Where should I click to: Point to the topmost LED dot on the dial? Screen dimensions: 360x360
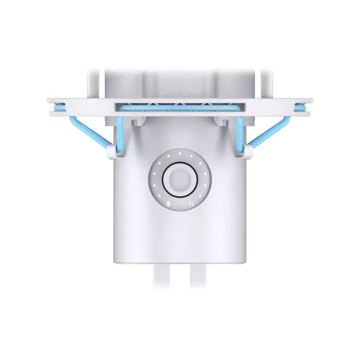click(x=179, y=152)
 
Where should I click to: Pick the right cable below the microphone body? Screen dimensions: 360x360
click(x=197, y=277)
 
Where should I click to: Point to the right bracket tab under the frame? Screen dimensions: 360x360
click(x=222, y=122)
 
